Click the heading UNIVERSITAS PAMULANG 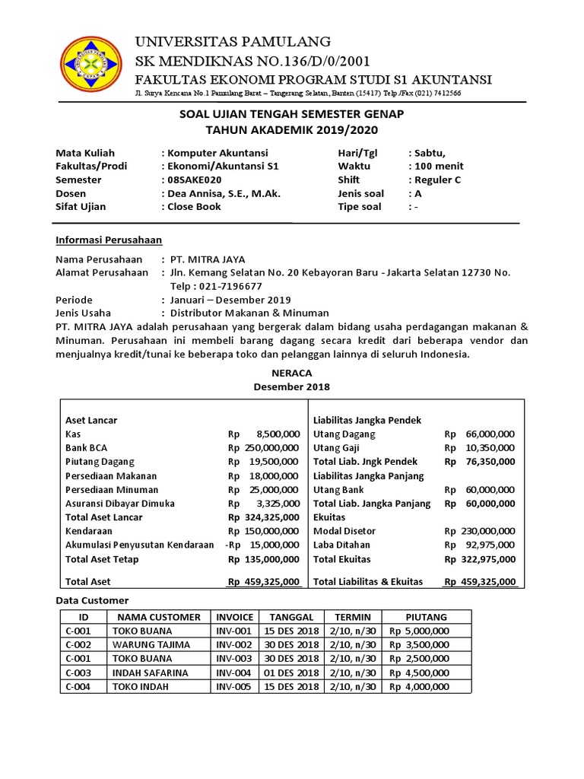click(x=233, y=41)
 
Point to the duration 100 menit click(x=438, y=166)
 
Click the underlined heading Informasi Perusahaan click(x=109, y=240)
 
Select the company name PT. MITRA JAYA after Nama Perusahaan click(x=208, y=259)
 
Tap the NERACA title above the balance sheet click(x=292, y=373)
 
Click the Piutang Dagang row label click(x=100, y=461)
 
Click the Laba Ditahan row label click(x=342, y=545)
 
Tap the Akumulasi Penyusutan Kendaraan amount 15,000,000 click(x=271, y=545)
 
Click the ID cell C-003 click(x=78, y=672)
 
